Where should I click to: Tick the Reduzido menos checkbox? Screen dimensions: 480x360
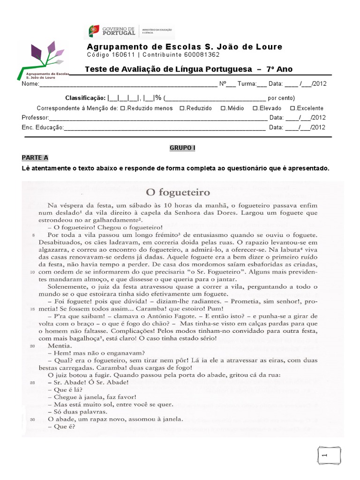coord(123,108)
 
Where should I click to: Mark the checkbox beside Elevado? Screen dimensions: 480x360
coord(255,108)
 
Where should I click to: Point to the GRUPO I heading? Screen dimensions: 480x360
coord(182,148)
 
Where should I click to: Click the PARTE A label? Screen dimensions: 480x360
coord(35,157)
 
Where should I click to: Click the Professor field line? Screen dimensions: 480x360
coord(157,118)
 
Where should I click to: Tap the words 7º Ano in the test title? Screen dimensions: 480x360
coord(279,69)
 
